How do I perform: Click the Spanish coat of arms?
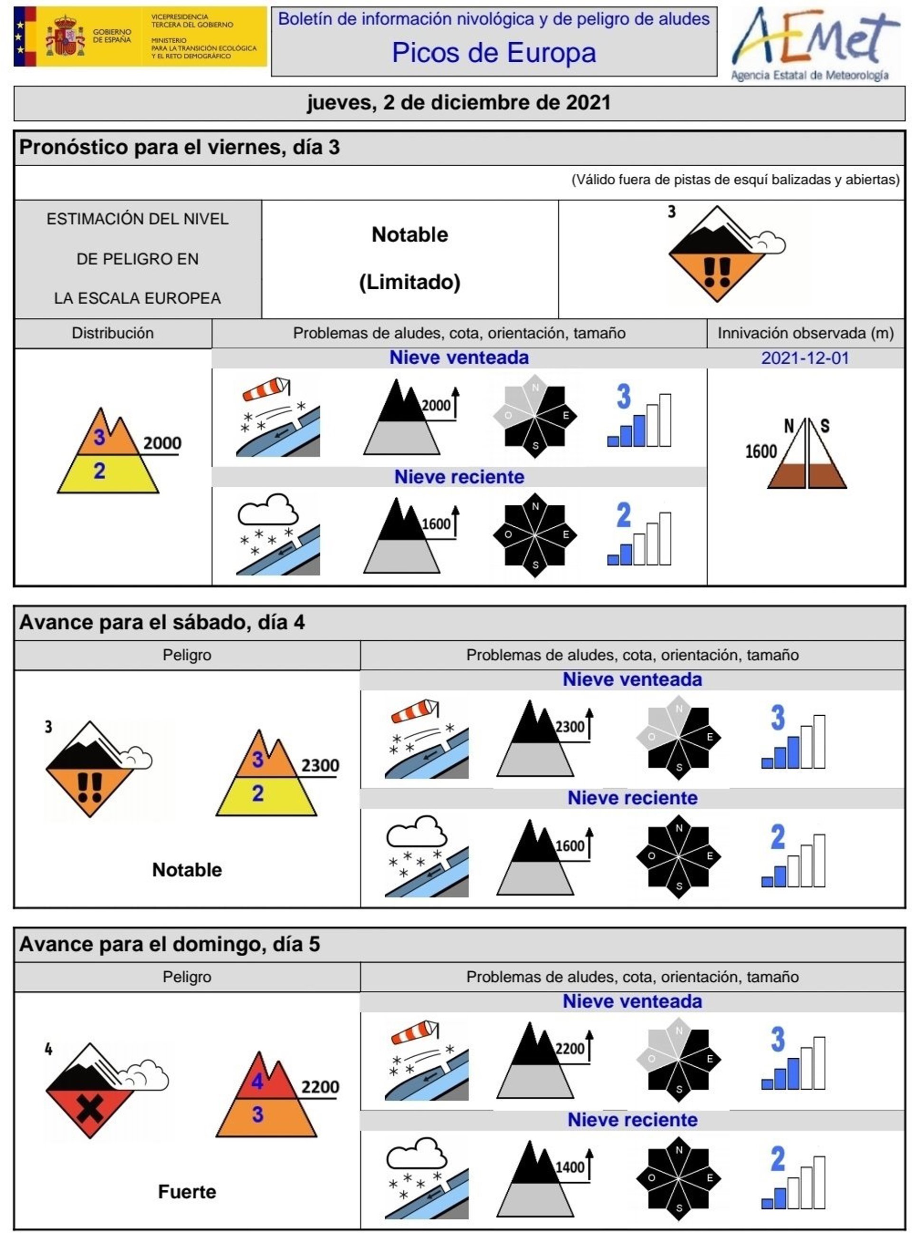66,37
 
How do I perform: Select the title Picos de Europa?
494,53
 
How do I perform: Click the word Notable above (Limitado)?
409,235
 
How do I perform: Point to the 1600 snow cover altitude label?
761,452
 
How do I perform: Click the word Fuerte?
187,1192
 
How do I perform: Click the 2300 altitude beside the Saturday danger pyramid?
320,766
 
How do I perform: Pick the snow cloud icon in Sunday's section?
416,1154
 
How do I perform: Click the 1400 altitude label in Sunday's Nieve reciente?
570,1167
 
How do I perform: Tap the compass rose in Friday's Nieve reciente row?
535,535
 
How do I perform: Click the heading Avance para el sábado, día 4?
162,623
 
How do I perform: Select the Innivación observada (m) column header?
806,333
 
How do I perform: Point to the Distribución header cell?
113,333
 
